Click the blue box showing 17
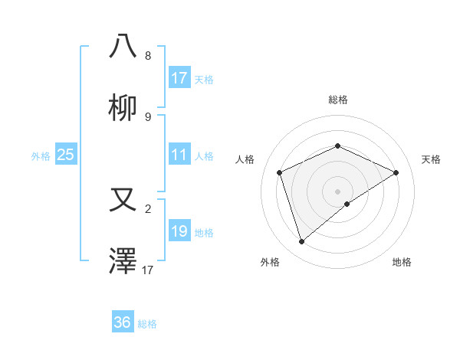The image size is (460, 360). pos(179,78)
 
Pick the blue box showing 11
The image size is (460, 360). pos(179,155)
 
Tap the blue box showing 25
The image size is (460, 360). pos(66,155)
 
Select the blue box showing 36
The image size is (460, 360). pos(123,322)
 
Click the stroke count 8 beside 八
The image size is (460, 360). pos(148,56)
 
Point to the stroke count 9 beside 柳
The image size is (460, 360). pos(148,117)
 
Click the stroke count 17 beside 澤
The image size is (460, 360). pos(148,270)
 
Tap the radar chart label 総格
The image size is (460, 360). pos(337,100)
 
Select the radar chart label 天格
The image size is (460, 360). pos(431,159)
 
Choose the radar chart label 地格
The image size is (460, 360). pos(402,262)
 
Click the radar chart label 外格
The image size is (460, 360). pos(270,262)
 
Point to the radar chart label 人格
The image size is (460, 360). pos(245,159)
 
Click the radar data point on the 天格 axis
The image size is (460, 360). pos(396,172)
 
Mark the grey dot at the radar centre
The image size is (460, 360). pos(337,191)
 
